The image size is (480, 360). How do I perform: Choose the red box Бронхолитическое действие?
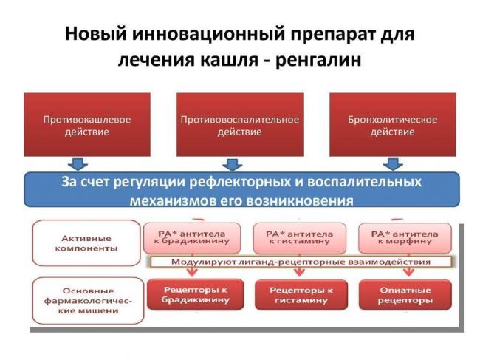click(x=392, y=125)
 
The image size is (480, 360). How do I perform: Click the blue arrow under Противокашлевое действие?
click(x=77, y=163)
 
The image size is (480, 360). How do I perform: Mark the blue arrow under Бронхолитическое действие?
click(x=392, y=163)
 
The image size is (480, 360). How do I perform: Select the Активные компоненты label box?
click(x=87, y=242)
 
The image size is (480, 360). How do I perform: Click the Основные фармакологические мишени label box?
click(x=87, y=300)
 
